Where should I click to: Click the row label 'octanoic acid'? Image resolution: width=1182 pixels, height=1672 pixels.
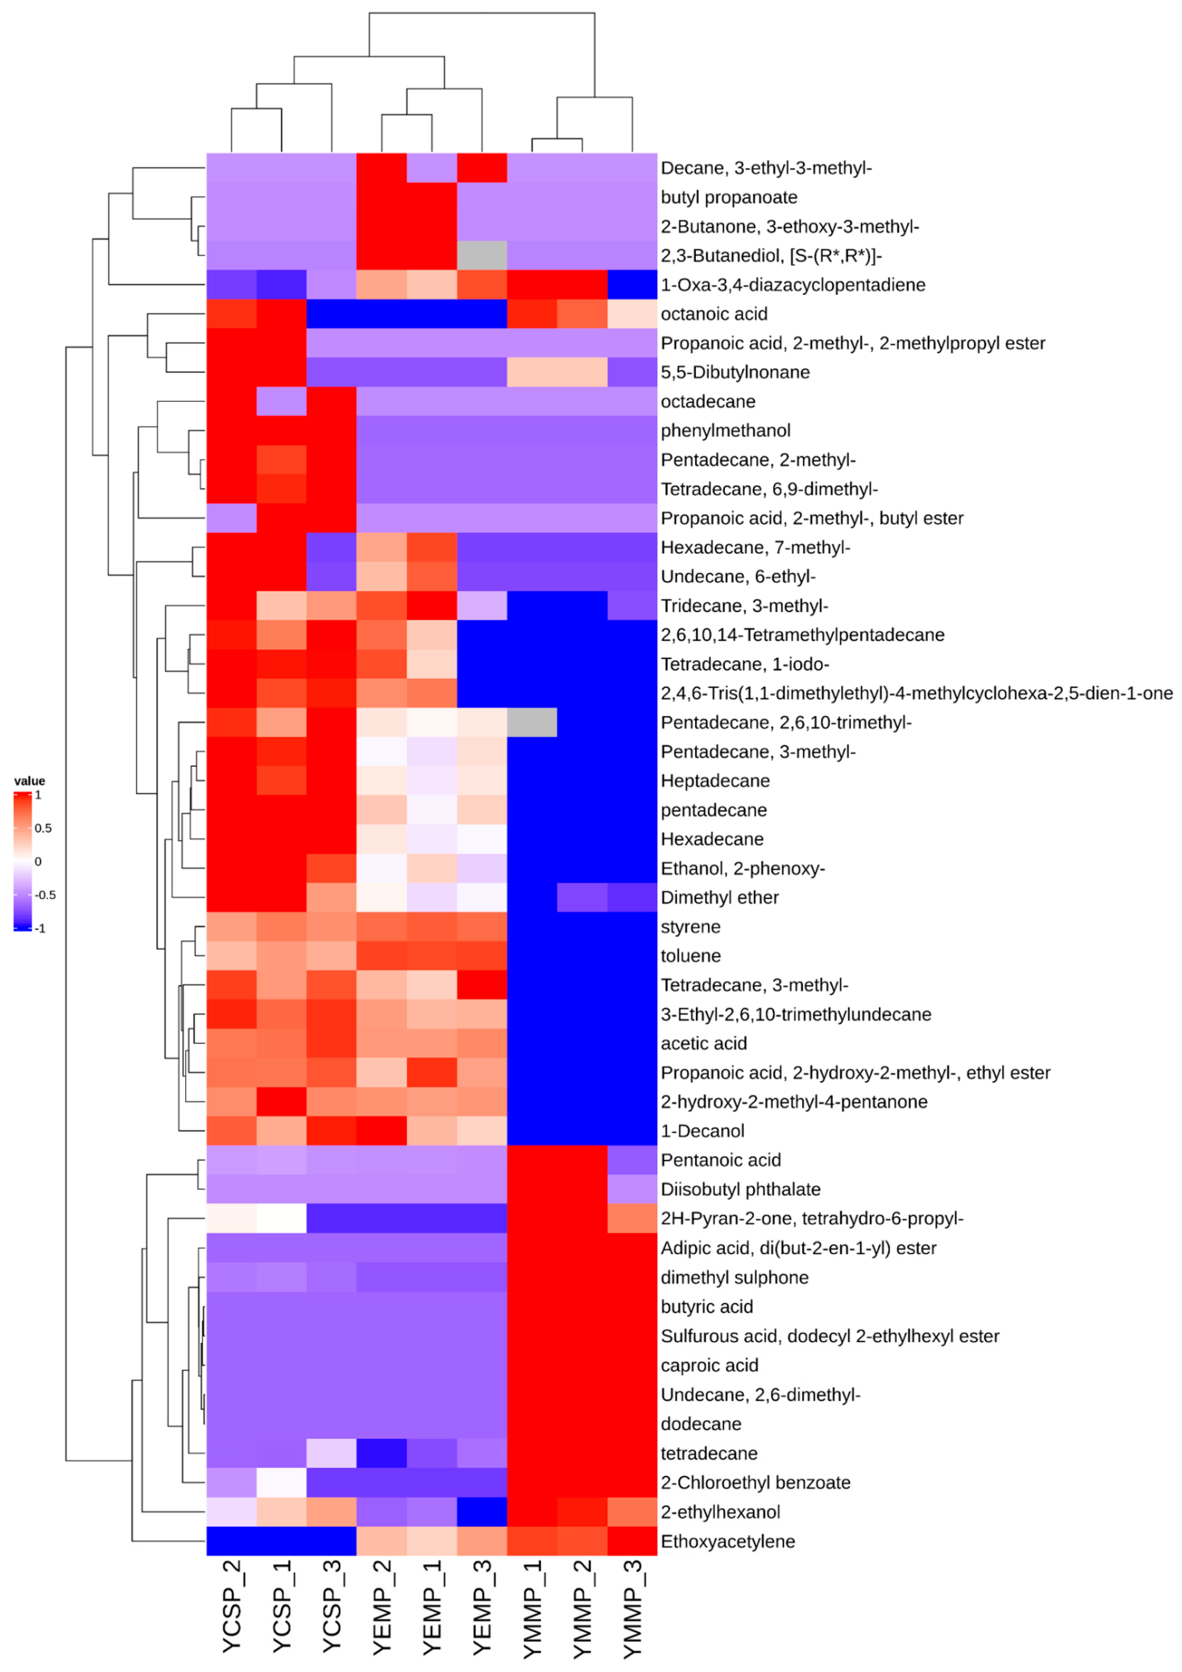713,314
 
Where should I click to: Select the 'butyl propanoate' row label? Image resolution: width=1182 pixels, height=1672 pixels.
728,197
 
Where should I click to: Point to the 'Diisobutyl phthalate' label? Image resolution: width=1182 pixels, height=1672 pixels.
740,1189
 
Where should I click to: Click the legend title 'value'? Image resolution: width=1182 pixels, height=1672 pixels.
29,781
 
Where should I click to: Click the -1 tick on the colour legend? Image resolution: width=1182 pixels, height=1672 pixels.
40,929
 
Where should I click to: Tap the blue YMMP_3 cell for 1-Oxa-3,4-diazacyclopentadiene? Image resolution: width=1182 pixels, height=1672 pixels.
632,285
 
